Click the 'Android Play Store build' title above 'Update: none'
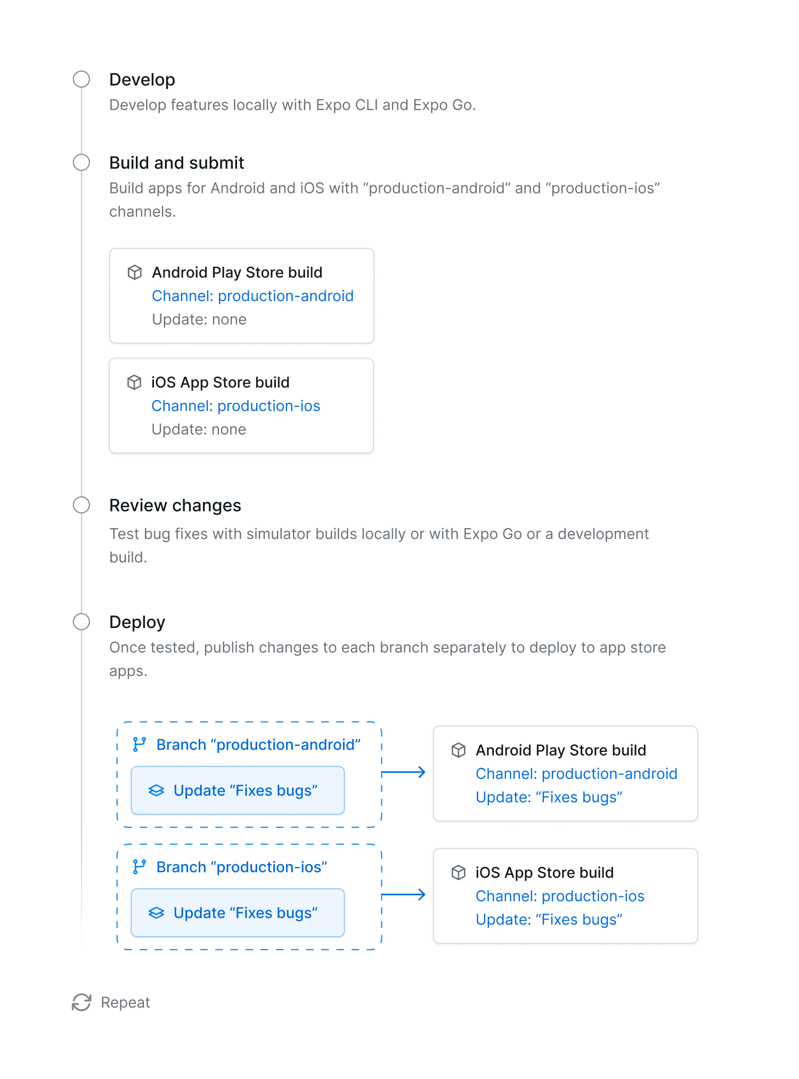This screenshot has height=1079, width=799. pyautogui.click(x=237, y=272)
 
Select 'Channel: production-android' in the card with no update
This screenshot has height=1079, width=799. pyautogui.click(x=252, y=296)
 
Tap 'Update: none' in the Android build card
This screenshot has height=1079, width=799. pyautogui.click(x=199, y=319)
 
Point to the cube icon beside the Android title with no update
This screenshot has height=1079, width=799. pyautogui.click(x=135, y=272)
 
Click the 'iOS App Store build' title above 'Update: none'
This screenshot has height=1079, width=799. pyautogui.click(x=221, y=383)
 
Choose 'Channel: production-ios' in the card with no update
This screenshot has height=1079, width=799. pyautogui.click(x=236, y=406)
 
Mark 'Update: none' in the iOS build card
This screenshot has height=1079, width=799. pyautogui.click(x=199, y=429)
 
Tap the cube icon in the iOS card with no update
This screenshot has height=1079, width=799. pyautogui.click(x=134, y=382)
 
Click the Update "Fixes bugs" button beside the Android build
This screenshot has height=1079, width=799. pyautogui.click(x=238, y=791)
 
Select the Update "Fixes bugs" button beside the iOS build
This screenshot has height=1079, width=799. pyautogui.click(x=238, y=913)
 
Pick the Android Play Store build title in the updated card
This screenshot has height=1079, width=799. pyautogui.click(x=561, y=750)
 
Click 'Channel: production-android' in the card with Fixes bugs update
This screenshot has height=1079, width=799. pyautogui.click(x=576, y=774)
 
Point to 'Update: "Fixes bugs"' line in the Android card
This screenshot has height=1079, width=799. pyautogui.click(x=549, y=797)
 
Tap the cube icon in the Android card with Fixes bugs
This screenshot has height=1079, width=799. pyautogui.click(x=459, y=750)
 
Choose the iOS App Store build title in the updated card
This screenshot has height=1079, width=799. pyautogui.click(x=544, y=873)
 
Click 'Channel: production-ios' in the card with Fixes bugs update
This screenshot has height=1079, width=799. pyautogui.click(x=560, y=896)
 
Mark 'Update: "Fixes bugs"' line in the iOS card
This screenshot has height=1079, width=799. pyautogui.click(x=549, y=920)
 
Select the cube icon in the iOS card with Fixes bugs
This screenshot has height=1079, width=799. pyautogui.click(x=459, y=873)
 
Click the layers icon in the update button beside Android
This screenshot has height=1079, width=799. pyautogui.click(x=156, y=791)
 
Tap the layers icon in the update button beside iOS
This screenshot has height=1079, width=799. pyautogui.click(x=156, y=913)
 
